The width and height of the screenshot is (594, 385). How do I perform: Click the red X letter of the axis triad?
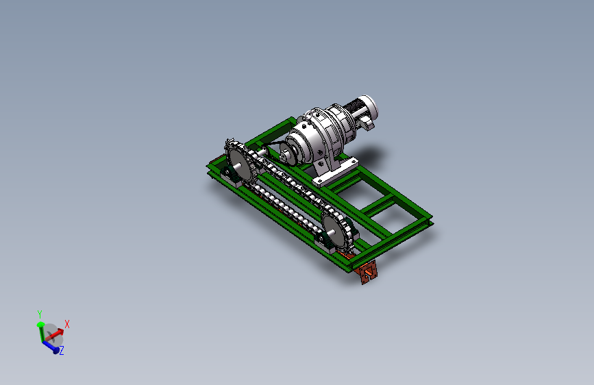pyautogui.click(x=67, y=324)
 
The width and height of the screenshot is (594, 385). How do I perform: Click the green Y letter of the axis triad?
pyautogui.click(x=40, y=314)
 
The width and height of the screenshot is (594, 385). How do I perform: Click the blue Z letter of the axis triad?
pyautogui.click(x=62, y=351)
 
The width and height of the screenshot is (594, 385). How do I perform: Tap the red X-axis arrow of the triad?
pyautogui.click(x=55, y=334)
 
